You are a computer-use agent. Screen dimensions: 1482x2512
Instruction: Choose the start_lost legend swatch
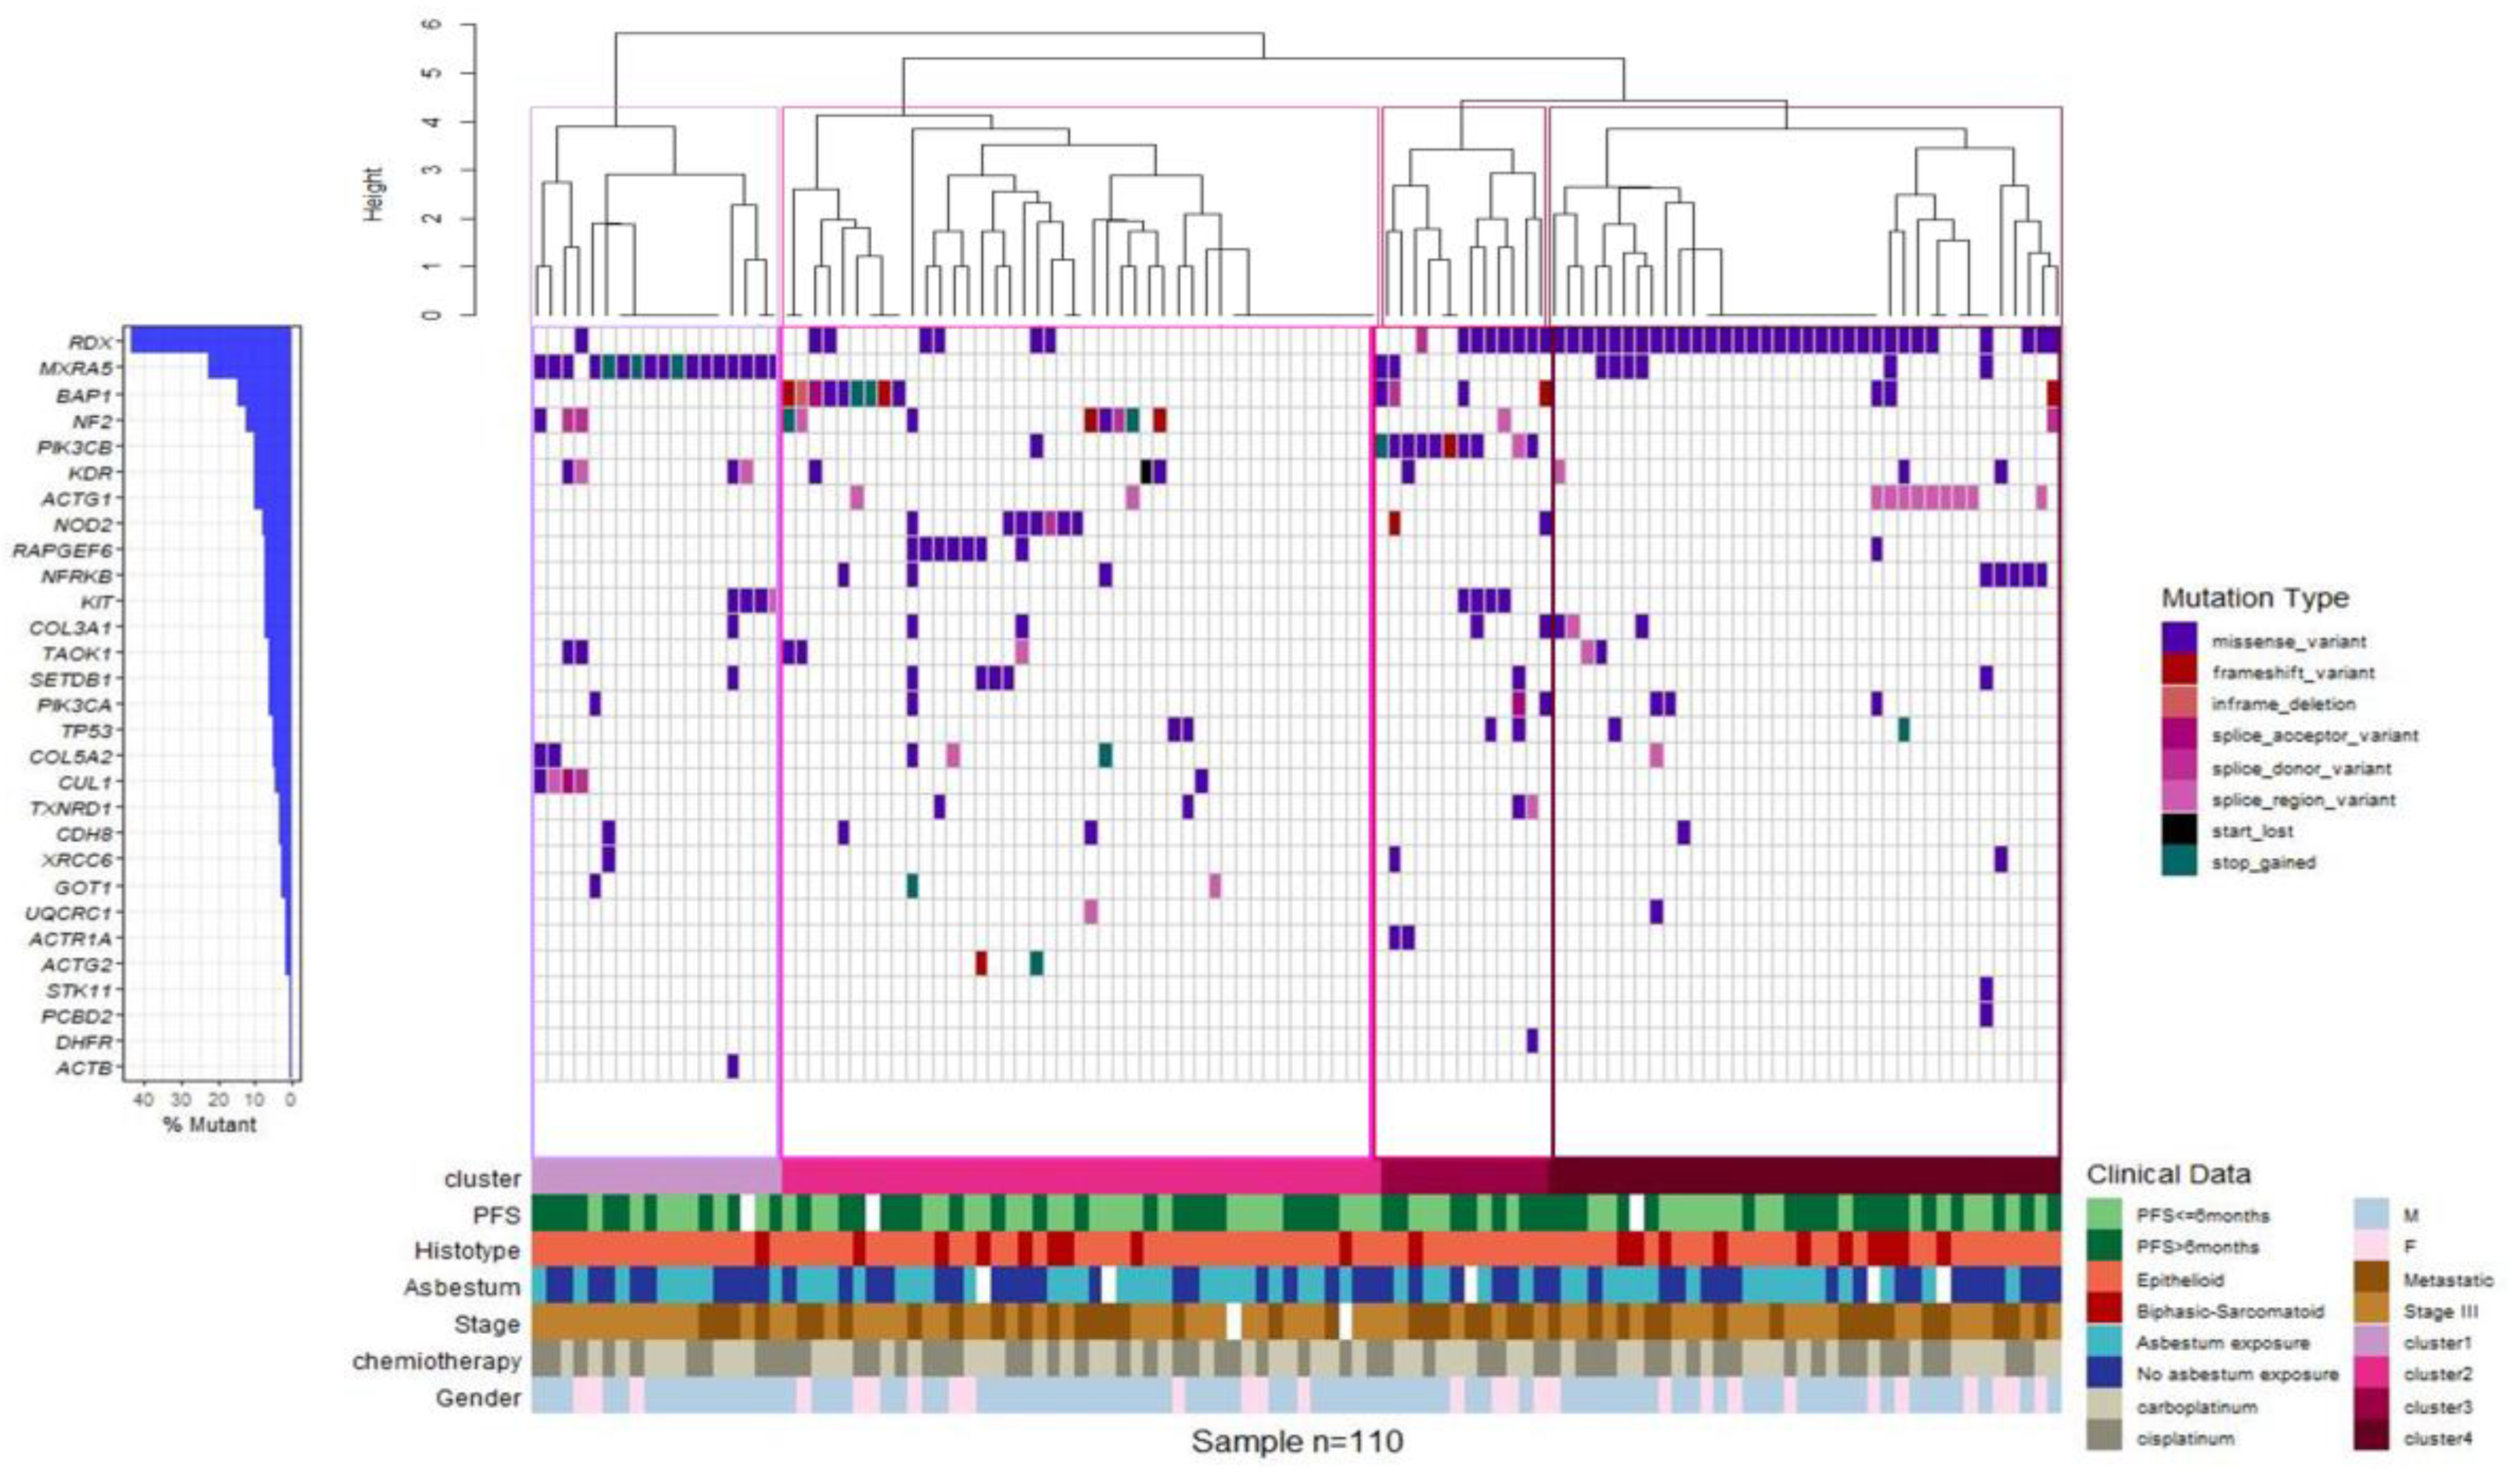click(x=2178, y=830)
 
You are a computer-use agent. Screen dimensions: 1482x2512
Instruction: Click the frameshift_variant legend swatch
click(x=2178, y=671)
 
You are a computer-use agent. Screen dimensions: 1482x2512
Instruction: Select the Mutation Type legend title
click(x=2255, y=598)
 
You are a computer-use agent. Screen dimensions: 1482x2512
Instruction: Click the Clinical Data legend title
click(x=2168, y=1174)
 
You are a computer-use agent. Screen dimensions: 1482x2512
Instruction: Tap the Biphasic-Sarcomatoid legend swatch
click(x=2104, y=1310)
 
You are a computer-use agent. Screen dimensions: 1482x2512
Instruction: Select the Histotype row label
click(x=466, y=1251)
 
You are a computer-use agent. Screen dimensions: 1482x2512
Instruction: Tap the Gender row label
click(x=478, y=1398)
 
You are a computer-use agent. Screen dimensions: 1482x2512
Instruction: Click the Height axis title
click(x=373, y=194)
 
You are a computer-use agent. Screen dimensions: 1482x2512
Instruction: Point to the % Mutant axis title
click(x=209, y=1124)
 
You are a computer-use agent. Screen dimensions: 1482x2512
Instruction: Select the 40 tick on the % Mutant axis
click(x=144, y=1100)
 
